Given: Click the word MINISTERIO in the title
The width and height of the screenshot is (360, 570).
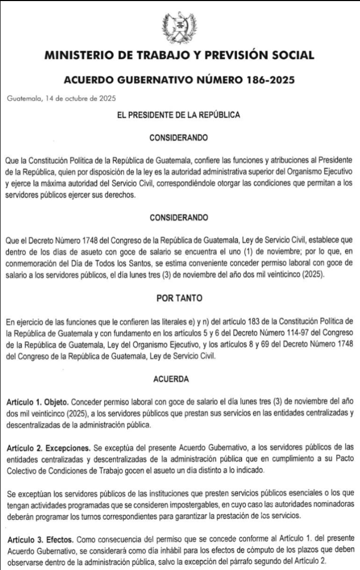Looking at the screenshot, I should (78, 55).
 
